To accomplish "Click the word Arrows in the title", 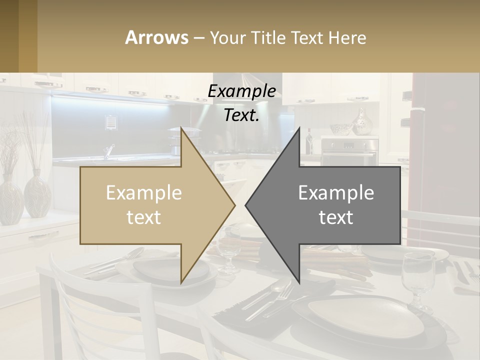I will (156, 37).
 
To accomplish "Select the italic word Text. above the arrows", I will (241, 115).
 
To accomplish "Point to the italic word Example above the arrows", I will (241, 91).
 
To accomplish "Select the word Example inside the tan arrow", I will (144, 192).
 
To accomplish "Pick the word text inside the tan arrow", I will (144, 217).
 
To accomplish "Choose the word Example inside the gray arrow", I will (336, 192).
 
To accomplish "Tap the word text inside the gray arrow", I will (336, 217).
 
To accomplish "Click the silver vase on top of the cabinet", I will (361, 122).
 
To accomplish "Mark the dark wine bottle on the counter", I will (309, 141).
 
